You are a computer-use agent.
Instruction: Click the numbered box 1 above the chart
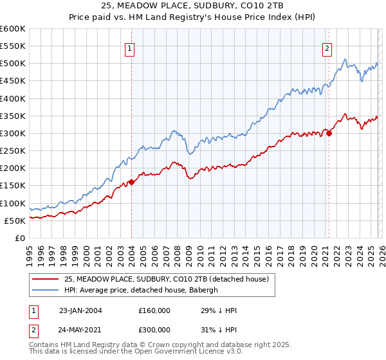coord(130,48)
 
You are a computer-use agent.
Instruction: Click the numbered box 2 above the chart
coord(327,48)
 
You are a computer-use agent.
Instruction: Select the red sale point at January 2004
coord(131,182)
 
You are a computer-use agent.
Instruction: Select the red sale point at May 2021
coord(329,133)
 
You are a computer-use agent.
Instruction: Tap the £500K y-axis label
coord(13,64)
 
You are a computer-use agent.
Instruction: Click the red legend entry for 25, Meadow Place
coord(170,278)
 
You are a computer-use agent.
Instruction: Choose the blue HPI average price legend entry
coord(142,290)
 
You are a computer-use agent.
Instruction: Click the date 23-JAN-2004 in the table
coord(80,310)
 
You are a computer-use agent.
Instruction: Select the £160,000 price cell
coord(154,310)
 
